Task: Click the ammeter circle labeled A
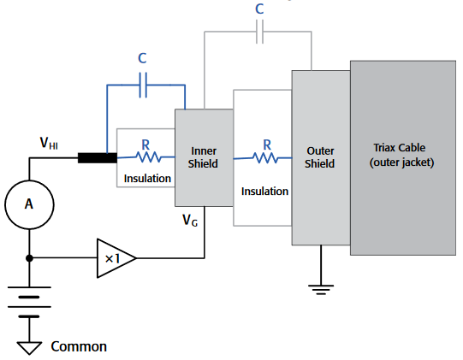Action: (31, 204)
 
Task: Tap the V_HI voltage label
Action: (49, 144)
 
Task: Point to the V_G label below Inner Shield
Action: (191, 221)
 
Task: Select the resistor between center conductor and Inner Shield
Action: (146, 157)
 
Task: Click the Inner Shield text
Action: (204, 157)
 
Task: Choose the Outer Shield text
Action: (320, 157)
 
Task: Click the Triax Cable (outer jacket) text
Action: (404, 155)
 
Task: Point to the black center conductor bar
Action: (97, 158)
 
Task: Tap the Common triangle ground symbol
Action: (31, 347)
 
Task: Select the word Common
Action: (79, 346)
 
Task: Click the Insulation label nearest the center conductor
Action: (147, 179)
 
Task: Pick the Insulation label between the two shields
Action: (264, 191)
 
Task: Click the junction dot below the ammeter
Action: (31, 257)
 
